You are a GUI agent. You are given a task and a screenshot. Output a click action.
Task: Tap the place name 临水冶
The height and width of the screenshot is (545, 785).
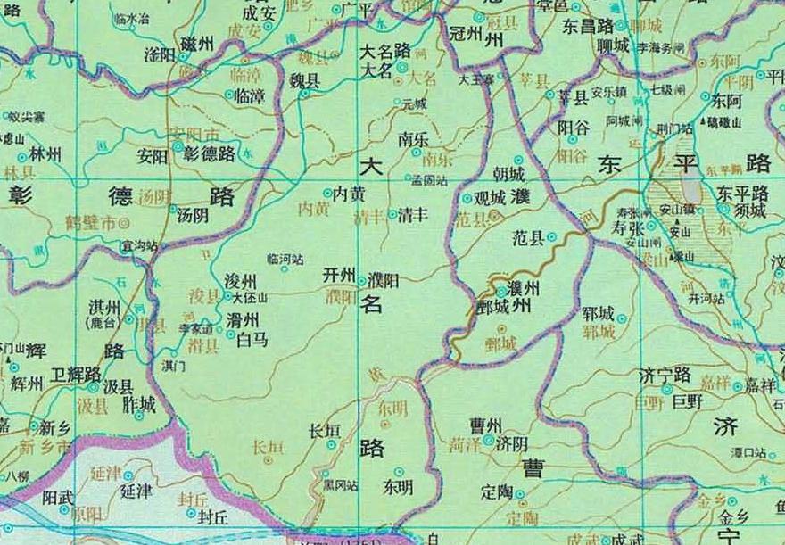click(135, 18)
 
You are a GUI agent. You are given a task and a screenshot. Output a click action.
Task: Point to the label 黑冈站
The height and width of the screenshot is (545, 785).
click(340, 485)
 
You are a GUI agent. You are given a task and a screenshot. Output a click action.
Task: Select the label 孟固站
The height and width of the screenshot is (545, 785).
click(428, 180)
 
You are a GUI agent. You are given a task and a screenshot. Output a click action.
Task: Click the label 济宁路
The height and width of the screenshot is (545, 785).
click(665, 374)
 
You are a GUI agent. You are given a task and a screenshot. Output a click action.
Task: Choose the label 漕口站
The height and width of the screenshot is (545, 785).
click(747, 453)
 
